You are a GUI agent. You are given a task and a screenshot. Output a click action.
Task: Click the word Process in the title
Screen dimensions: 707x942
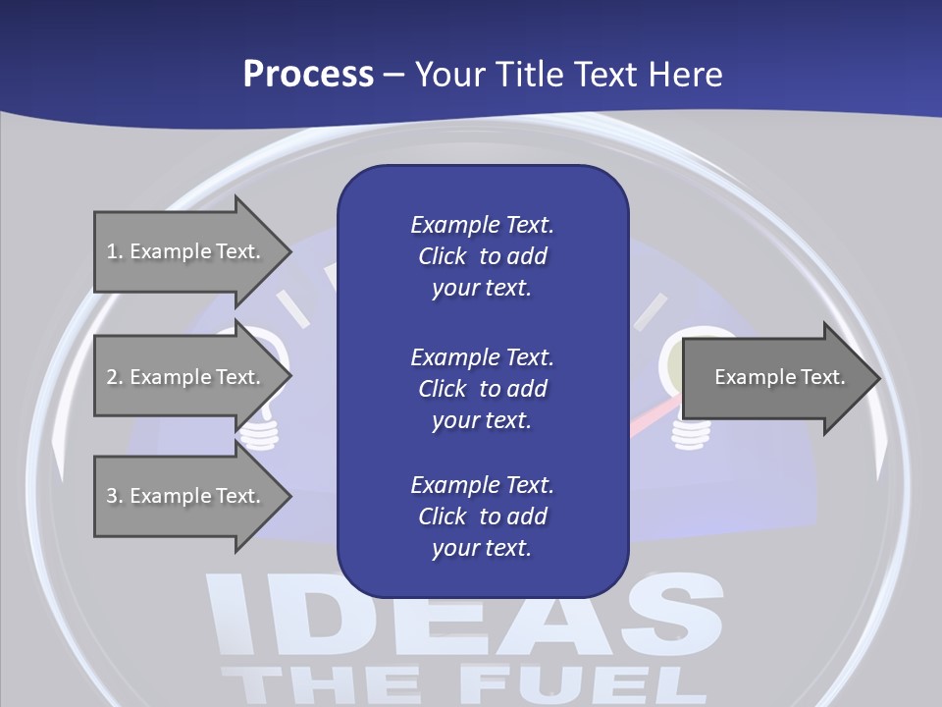[308, 75]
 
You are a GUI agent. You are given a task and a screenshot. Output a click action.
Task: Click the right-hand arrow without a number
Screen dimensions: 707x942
[775, 377]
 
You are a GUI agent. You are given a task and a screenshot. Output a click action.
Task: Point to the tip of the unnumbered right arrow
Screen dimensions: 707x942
[878, 377]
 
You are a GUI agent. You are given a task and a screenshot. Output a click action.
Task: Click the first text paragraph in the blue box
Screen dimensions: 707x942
[482, 256]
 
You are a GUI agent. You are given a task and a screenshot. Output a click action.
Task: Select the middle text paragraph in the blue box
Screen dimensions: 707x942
[482, 388]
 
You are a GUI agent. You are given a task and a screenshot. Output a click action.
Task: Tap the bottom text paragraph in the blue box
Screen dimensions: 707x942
[482, 517]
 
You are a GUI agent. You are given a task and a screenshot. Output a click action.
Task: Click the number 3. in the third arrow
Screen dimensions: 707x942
[115, 496]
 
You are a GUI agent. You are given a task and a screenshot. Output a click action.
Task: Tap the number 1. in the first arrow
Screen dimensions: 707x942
[115, 251]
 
